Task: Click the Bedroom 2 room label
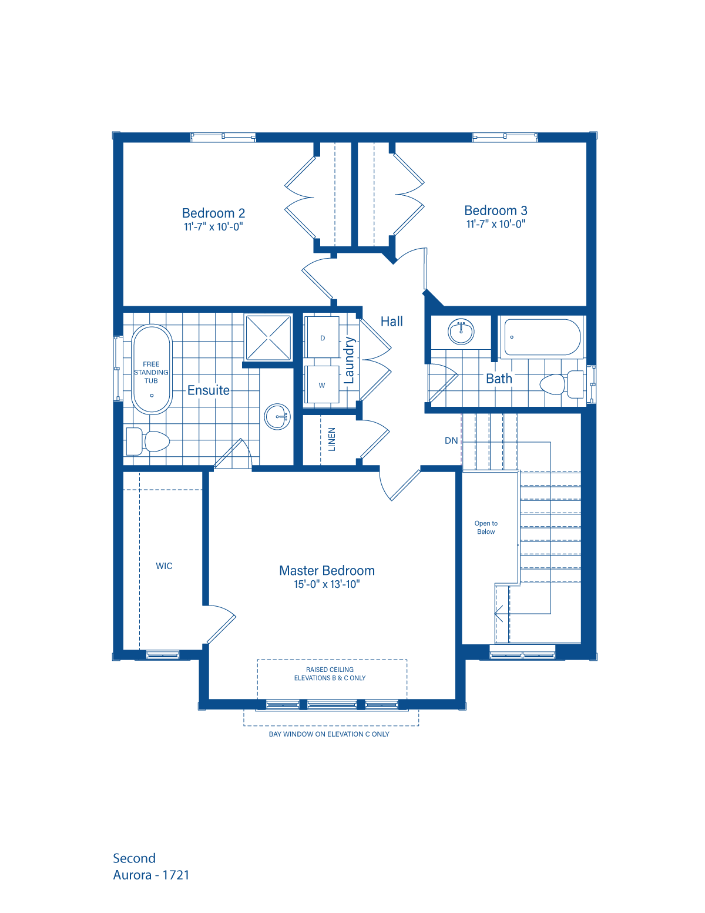click(213, 214)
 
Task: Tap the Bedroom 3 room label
click(496, 211)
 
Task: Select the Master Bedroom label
click(327, 571)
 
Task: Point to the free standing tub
click(152, 369)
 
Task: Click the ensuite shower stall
click(268, 337)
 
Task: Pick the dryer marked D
click(323, 338)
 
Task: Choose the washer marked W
click(322, 386)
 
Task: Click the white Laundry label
click(350, 360)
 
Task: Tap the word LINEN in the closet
click(332, 439)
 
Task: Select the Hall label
click(392, 322)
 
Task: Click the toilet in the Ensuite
click(148, 441)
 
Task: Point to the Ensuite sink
click(277, 417)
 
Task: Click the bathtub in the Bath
click(542, 337)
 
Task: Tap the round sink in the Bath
click(461, 332)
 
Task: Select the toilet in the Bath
click(562, 384)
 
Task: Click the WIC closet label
click(164, 566)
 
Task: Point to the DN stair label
click(451, 440)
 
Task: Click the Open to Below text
click(486, 527)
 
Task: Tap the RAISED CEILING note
click(330, 674)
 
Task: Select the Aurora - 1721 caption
click(151, 875)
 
